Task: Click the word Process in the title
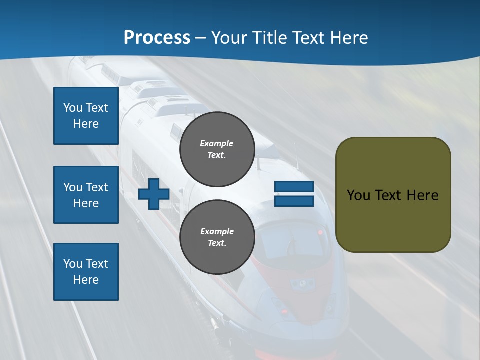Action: click(157, 38)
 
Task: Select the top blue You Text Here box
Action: click(86, 116)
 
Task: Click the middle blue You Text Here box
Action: click(86, 195)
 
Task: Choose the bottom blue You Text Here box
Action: click(86, 272)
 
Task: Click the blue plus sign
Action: click(154, 194)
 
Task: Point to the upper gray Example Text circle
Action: click(217, 149)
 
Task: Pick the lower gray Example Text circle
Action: click(217, 237)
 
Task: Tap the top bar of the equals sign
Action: click(294, 187)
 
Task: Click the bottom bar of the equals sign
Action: click(294, 201)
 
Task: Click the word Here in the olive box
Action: click(423, 195)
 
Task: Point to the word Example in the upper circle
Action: click(217, 143)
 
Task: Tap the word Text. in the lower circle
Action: click(217, 243)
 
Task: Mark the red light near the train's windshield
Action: click(320, 233)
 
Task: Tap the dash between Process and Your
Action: click(200, 38)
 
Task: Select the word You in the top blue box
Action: click(72, 108)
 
